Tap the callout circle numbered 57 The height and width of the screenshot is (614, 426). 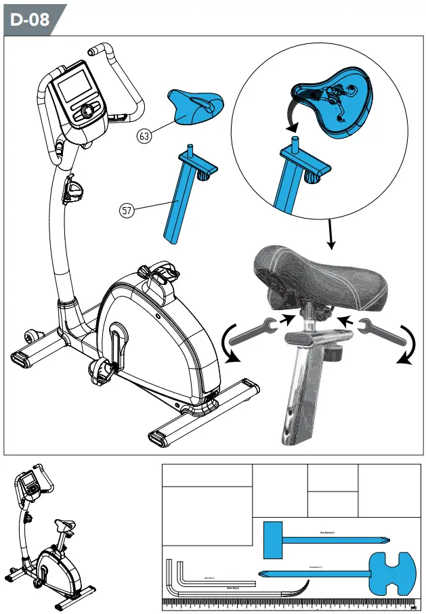(x=126, y=211)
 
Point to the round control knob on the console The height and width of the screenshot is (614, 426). (x=87, y=111)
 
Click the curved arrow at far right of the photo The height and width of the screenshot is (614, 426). (x=407, y=345)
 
